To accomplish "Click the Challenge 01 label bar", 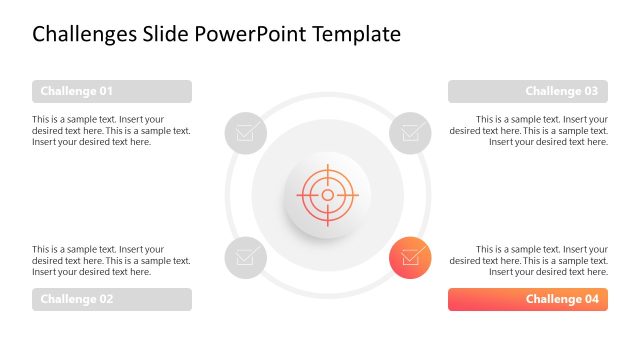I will click(111, 91).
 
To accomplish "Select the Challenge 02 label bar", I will click(111, 299).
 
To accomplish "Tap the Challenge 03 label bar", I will click(528, 91).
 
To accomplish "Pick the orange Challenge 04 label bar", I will click(528, 299).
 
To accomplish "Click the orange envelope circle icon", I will click(410, 257).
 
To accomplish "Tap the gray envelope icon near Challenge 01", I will click(245, 132).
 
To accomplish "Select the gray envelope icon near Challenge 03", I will click(410, 132).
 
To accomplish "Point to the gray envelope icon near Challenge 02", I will click(245, 257).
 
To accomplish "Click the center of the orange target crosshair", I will click(327, 194).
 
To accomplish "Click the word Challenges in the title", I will click(86, 34).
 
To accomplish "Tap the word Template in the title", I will click(357, 34).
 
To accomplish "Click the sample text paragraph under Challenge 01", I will click(111, 130).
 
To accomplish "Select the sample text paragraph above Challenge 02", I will click(111, 260).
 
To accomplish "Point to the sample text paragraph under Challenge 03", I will click(528, 130).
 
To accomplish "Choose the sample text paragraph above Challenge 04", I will click(528, 260).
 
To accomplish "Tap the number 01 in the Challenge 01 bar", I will click(103, 91).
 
